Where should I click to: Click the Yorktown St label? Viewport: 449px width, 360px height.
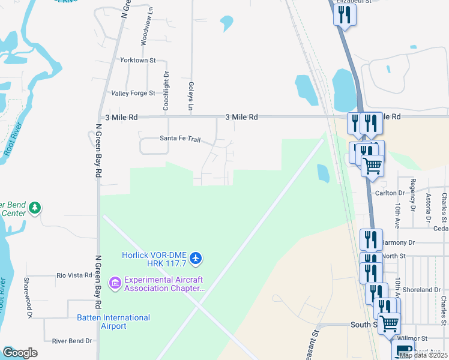[x=137, y=61]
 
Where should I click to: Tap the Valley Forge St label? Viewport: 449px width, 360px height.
[x=133, y=93]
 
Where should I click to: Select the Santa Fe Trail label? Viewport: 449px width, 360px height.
[x=179, y=139]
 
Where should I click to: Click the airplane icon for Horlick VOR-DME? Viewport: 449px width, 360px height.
[x=195, y=259]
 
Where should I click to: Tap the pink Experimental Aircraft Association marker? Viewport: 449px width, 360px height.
[x=114, y=281]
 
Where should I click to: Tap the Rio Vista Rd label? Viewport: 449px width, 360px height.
[x=74, y=275]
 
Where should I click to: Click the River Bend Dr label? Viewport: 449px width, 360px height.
[x=72, y=341]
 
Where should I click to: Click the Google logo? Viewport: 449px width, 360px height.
[x=20, y=352]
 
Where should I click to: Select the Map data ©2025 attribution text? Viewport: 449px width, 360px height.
[x=423, y=355]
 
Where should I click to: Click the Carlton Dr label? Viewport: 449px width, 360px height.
[x=390, y=193]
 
